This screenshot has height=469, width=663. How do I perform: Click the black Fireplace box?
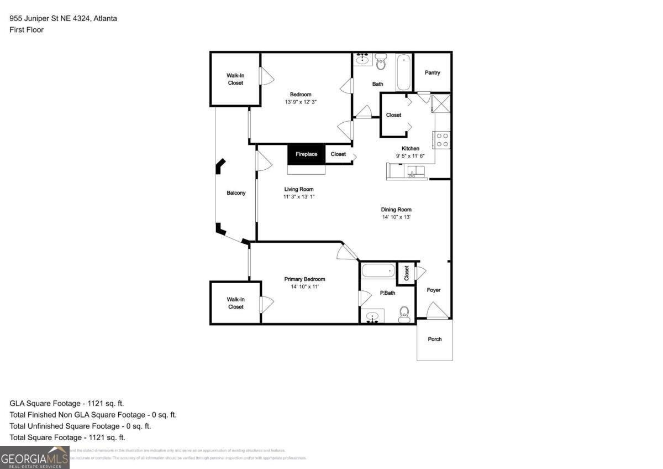306,154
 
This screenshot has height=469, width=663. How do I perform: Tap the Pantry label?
433,72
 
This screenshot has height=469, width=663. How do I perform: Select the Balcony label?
236,193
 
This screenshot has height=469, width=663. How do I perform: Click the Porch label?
435,339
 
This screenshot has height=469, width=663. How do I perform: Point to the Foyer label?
434,290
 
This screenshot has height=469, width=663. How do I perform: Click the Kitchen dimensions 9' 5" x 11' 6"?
411,156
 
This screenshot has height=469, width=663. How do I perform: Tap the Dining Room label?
396,210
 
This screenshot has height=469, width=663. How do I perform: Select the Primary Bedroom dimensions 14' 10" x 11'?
304,286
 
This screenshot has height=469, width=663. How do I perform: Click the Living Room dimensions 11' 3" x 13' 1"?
299,196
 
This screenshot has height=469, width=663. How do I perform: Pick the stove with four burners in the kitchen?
442,140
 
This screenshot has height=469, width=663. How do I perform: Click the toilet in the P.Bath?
404,314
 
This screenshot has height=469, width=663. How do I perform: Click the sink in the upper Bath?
363,59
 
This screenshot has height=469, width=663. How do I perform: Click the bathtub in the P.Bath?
378,271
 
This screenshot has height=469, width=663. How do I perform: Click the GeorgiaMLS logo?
34,458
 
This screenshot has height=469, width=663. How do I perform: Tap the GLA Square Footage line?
67,404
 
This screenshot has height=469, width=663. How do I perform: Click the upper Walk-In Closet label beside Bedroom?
235,79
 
